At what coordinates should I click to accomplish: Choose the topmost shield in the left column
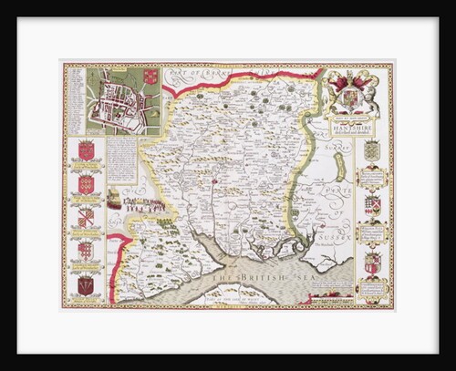pyautogui.click(x=87, y=149)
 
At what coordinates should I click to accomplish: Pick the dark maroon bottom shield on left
pyautogui.click(x=88, y=285)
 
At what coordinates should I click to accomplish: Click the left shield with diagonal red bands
pyautogui.click(x=88, y=217)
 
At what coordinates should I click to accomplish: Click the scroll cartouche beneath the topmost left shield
pyautogui.click(x=87, y=168)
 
